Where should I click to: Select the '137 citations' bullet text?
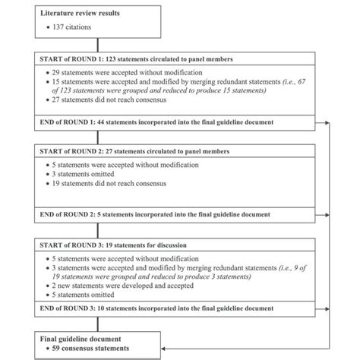pyautogui.click(x=75, y=28)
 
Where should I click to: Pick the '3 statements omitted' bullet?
pyautogui.click(x=79, y=175)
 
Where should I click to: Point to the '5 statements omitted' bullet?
pyautogui.click(x=79, y=295)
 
